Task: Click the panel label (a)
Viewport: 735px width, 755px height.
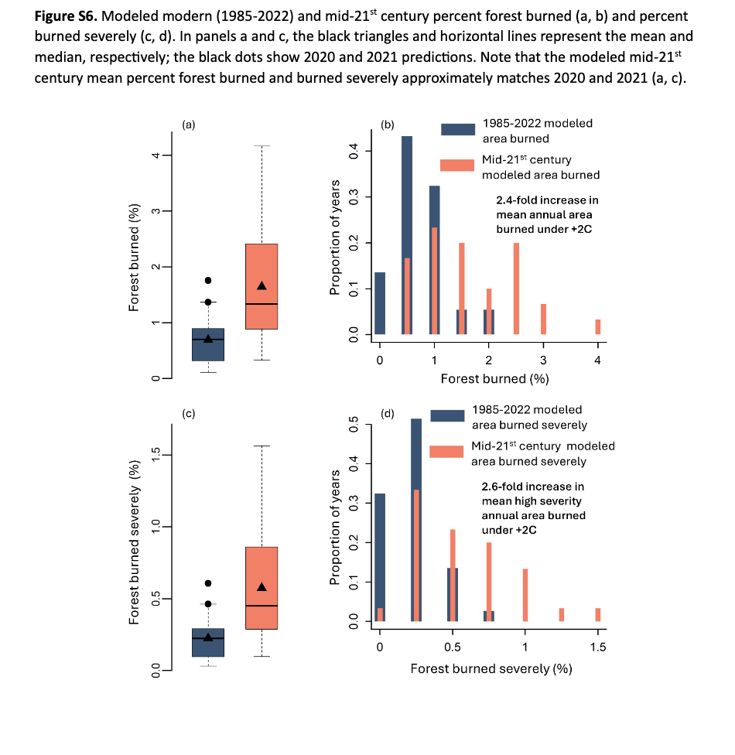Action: pos(188,123)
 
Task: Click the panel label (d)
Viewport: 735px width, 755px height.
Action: pos(389,414)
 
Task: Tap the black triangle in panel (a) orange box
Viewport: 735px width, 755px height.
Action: pos(262,285)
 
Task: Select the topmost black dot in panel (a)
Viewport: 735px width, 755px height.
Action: pos(207,280)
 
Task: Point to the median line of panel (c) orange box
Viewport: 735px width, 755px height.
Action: pos(262,605)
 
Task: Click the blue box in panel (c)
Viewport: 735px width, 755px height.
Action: pos(207,642)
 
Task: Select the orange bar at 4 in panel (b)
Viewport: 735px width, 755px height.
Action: pos(598,326)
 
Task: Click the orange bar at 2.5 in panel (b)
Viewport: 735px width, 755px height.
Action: pos(516,289)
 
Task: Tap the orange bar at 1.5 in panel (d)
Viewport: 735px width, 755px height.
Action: pos(598,614)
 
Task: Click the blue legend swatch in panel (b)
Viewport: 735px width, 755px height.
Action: pos(458,129)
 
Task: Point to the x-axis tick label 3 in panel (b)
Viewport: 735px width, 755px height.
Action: pos(543,360)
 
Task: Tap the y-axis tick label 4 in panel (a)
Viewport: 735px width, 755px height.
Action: pos(156,155)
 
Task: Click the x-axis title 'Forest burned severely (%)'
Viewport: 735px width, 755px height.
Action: pos(491,668)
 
